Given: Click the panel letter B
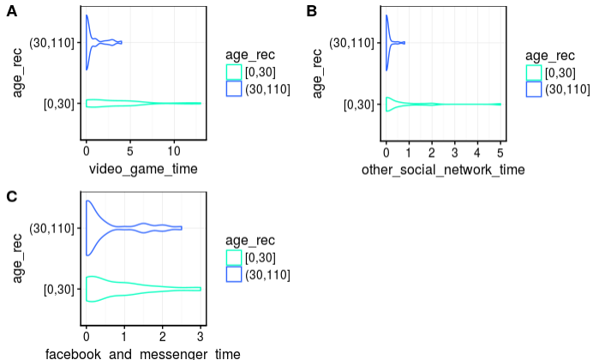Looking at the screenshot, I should (x=311, y=11).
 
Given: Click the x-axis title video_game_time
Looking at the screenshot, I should (x=143, y=169).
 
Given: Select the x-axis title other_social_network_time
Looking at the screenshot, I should (x=443, y=170).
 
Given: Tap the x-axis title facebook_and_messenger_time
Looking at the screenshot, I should (x=143, y=353).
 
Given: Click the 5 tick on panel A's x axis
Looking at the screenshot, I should (x=129, y=151).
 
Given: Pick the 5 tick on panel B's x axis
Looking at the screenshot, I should (x=500, y=151).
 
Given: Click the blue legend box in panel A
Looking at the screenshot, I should (x=234, y=87).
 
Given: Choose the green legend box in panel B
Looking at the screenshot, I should (x=534, y=72).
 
